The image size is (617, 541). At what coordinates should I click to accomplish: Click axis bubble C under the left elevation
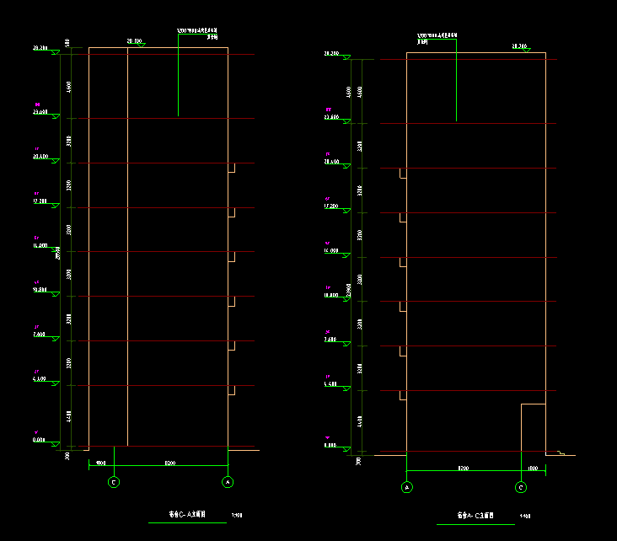[x=114, y=482]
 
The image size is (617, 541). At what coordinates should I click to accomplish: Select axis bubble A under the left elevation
[x=228, y=482]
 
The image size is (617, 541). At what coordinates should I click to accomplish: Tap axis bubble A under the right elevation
[x=407, y=487]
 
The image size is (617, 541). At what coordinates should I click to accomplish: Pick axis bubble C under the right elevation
[x=521, y=487]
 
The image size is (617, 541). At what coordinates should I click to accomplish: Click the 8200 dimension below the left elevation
[x=170, y=463]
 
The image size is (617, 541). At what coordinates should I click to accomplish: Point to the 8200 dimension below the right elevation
[x=463, y=467]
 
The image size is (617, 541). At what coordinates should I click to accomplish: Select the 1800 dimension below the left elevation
[x=100, y=463]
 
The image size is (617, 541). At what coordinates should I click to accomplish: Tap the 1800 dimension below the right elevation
[x=532, y=467]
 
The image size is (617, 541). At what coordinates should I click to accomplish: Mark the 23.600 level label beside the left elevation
[x=40, y=112]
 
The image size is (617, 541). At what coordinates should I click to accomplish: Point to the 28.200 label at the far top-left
[x=40, y=49]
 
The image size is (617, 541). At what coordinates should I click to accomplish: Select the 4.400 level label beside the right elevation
[x=330, y=383]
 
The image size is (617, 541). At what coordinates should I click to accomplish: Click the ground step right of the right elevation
[x=561, y=453]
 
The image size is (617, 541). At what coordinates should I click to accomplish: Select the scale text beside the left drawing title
[x=237, y=513]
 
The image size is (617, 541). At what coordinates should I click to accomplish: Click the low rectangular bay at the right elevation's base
[x=533, y=427]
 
